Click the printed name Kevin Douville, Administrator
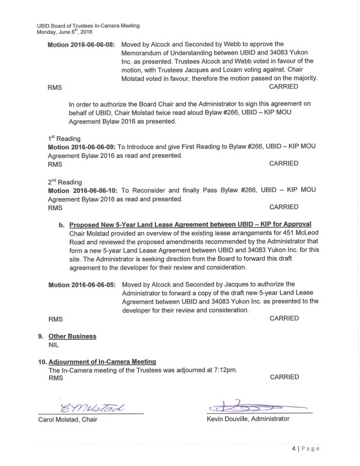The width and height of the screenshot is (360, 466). pos(248,419)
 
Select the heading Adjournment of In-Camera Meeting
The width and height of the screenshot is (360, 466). pos(102,362)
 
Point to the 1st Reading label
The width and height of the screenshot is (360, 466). pos(64,138)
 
